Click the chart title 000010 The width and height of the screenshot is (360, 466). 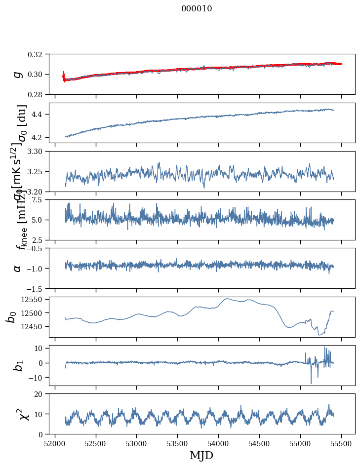197,9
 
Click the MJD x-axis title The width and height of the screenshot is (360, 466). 201,455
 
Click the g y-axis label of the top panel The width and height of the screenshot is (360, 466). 18,74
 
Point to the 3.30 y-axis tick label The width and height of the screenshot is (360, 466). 39,151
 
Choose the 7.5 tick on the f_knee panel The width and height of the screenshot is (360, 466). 41,199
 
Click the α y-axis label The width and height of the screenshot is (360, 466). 18,268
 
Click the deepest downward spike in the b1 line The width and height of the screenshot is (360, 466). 311,383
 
